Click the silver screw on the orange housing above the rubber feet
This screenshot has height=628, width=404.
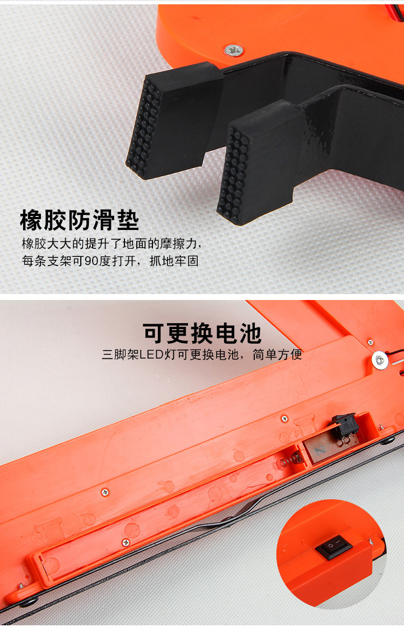coord(233,51)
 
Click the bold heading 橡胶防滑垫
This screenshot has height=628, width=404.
coord(80,221)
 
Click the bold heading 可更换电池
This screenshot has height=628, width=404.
coord(202,333)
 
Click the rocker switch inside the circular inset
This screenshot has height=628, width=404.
coord(334,548)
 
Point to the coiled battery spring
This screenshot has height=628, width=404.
coord(290,459)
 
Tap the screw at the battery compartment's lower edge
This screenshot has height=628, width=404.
coord(126,542)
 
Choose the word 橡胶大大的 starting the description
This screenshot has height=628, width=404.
coord(47,243)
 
